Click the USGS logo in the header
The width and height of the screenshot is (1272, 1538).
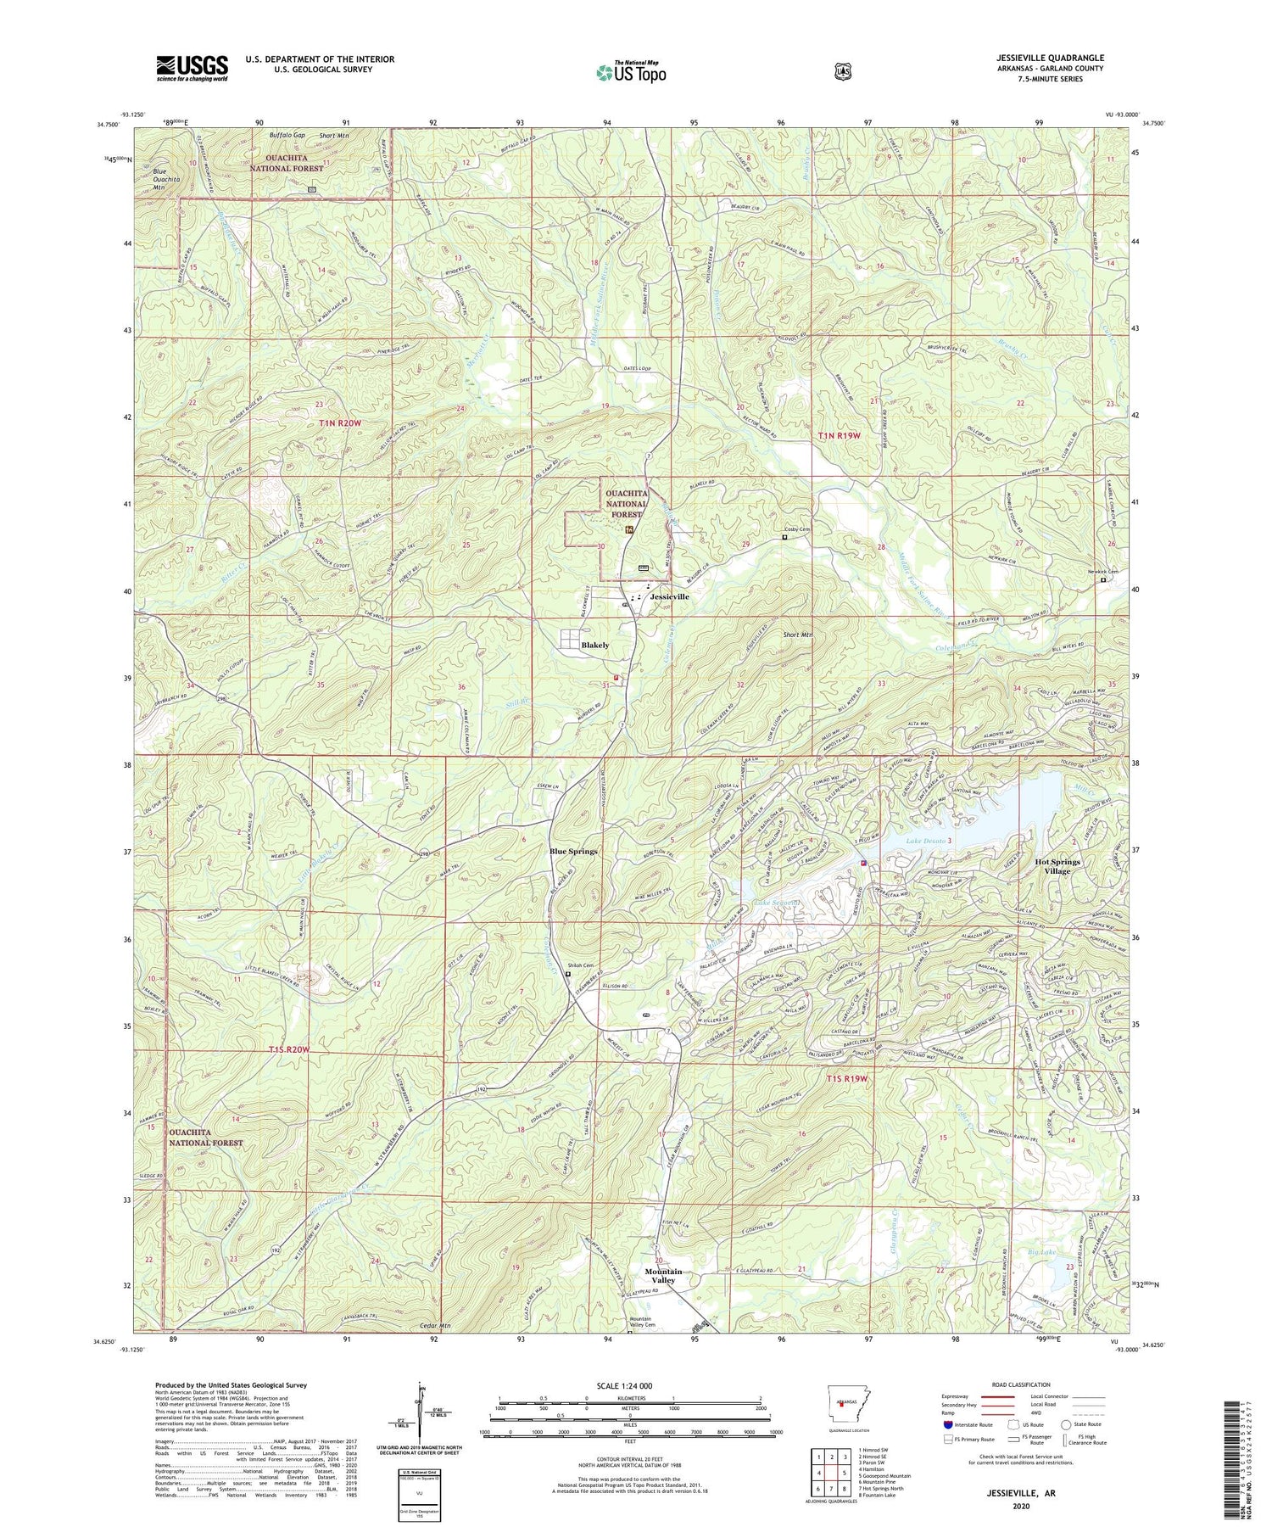(192, 68)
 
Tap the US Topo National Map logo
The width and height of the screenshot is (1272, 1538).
(631, 71)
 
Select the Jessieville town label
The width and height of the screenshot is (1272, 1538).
(669, 596)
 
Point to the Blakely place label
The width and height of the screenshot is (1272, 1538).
(594, 645)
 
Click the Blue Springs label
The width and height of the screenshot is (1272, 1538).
(573, 851)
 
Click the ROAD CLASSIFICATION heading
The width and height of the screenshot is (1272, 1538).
(1025, 1384)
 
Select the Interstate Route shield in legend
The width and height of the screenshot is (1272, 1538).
(947, 1424)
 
